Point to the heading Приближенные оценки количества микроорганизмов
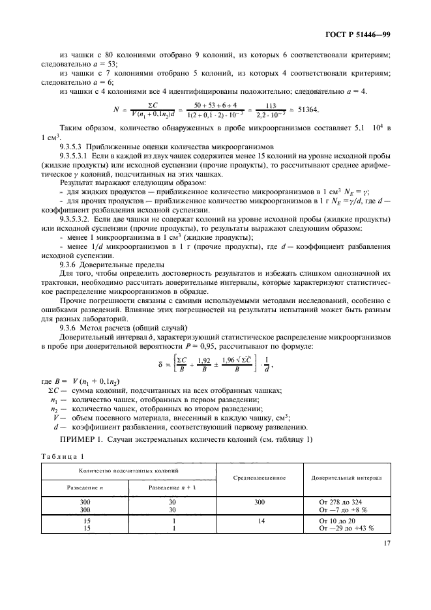pyautogui.click(x=171, y=149)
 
